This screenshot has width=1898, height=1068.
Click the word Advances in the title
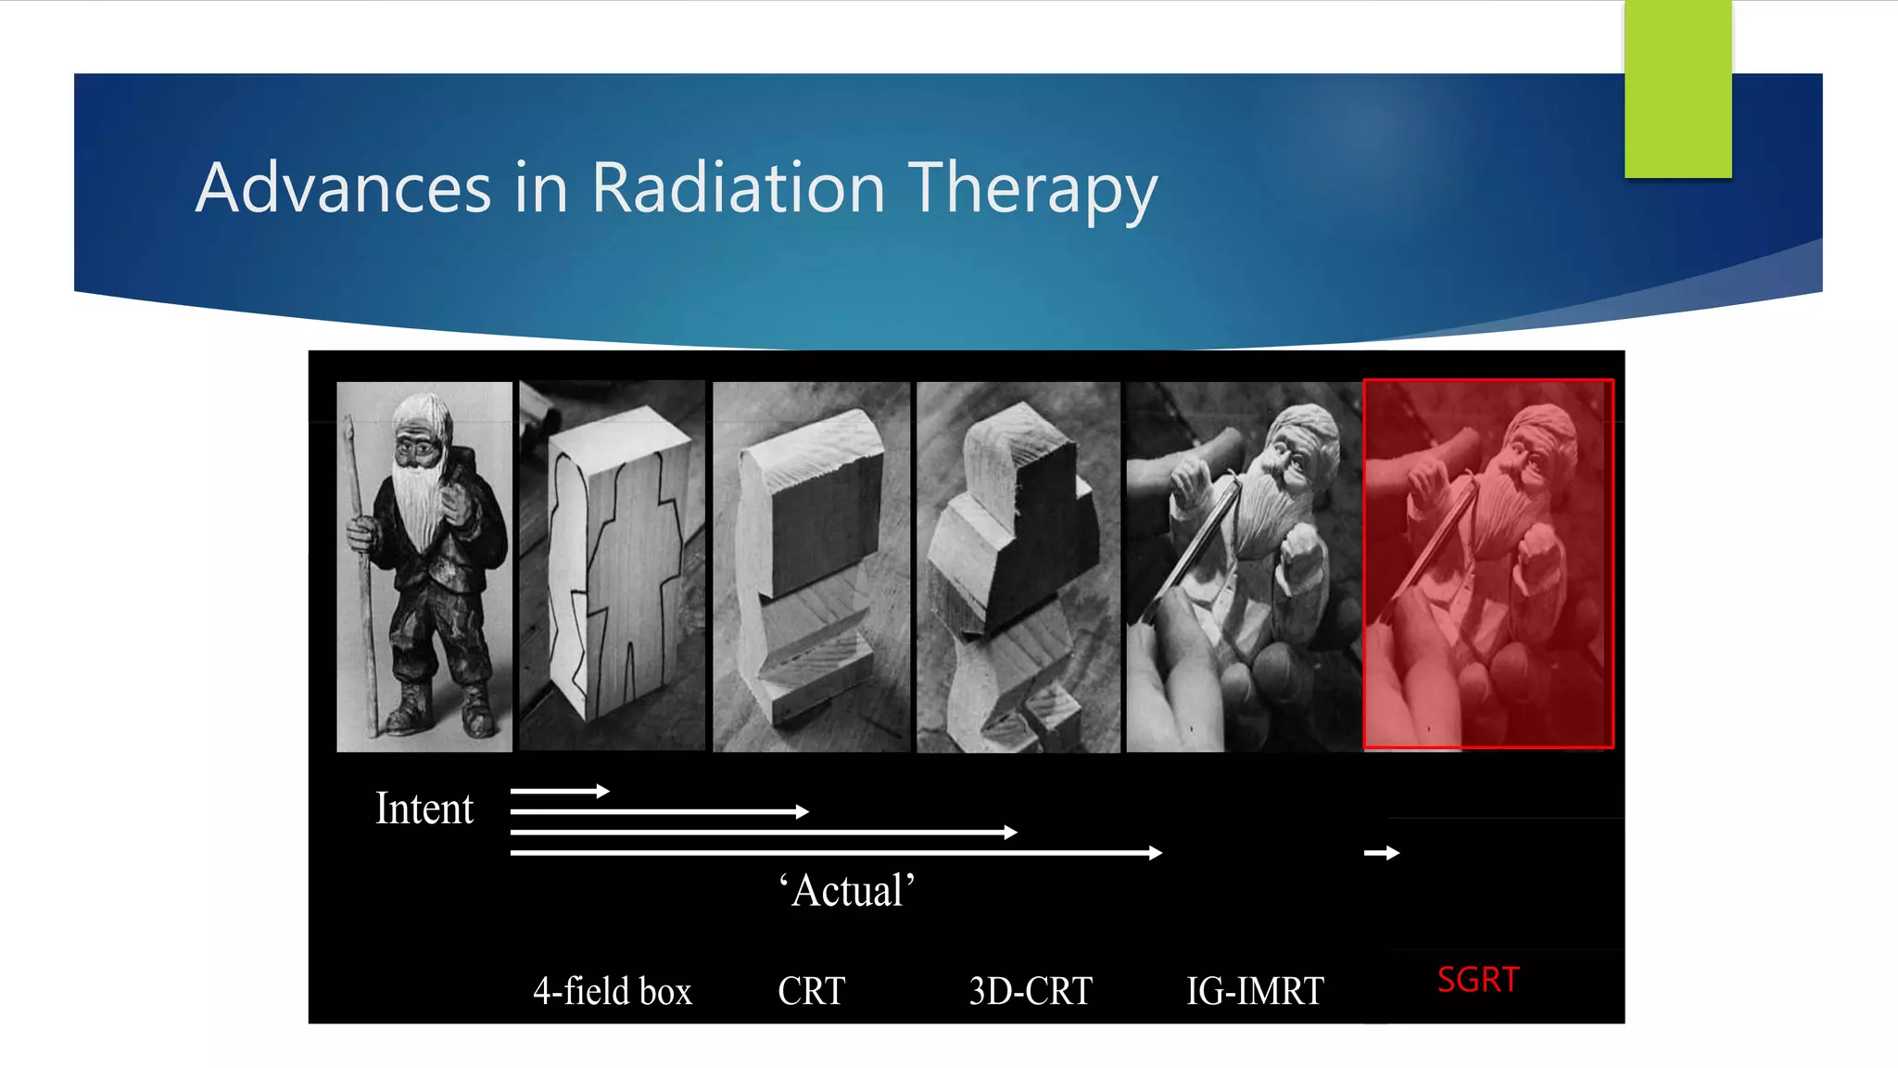tap(343, 188)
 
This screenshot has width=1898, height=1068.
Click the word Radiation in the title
tap(738, 188)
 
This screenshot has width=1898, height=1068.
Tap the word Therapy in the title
tap(1032, 190)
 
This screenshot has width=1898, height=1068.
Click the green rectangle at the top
tap(1677, 88)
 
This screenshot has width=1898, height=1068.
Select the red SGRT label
tap(1478, 980)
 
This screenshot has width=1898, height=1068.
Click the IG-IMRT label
tap(1255, 991)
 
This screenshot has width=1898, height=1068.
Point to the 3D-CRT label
tap(1031, 991)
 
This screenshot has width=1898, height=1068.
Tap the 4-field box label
tap(612, 991)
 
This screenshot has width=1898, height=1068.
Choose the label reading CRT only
tap(811, 991)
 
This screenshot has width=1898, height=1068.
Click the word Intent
tap(424, 808)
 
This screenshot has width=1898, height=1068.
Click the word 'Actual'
tap(847, 891)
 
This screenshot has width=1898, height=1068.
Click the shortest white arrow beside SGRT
tap(1382, 853)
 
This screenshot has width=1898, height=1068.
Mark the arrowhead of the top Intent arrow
tap(603, 791)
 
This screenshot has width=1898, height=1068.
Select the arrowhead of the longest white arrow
tap(1156, 853)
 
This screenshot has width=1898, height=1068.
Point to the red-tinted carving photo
tap(1488, 564)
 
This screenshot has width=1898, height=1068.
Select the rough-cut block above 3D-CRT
tap(1018, 566)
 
